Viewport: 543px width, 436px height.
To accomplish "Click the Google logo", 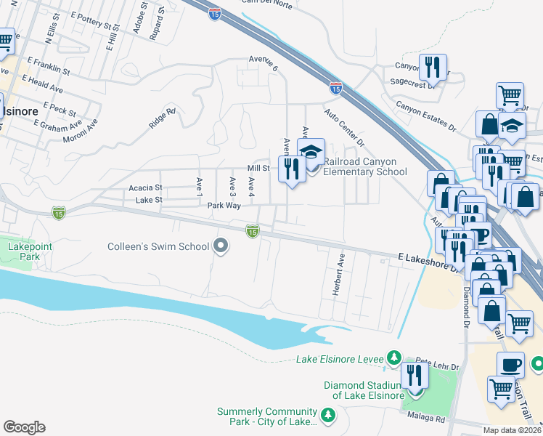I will (24, 427).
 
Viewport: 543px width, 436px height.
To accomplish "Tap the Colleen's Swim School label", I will (158, 246).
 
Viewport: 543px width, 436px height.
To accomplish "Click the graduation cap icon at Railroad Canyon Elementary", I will (311, 153).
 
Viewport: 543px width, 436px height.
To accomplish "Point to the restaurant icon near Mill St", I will (293, 170).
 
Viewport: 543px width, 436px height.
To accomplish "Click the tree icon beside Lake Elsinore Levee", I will (394, 358).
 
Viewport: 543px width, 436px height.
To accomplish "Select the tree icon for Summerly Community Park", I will (328, 416).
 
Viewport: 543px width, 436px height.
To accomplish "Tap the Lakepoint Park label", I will (19, 252).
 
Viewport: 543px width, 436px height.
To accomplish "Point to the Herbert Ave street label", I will (338, 274).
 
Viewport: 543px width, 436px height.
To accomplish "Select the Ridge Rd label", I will (162, 119).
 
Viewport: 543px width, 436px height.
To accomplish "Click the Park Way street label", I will (224, 206).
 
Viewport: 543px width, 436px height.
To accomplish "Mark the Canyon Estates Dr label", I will (425, 117).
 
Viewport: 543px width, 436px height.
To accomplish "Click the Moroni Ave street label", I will (80, 132).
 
